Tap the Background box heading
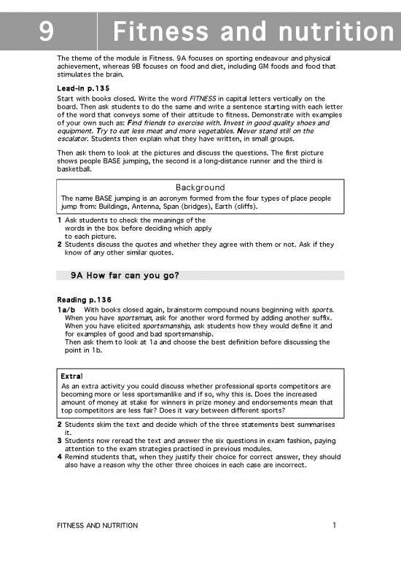[x=200, y=188]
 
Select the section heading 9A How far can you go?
[x=125, y=275]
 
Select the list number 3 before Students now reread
[x=59, y=440]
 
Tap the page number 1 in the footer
[x=333, y=525]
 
